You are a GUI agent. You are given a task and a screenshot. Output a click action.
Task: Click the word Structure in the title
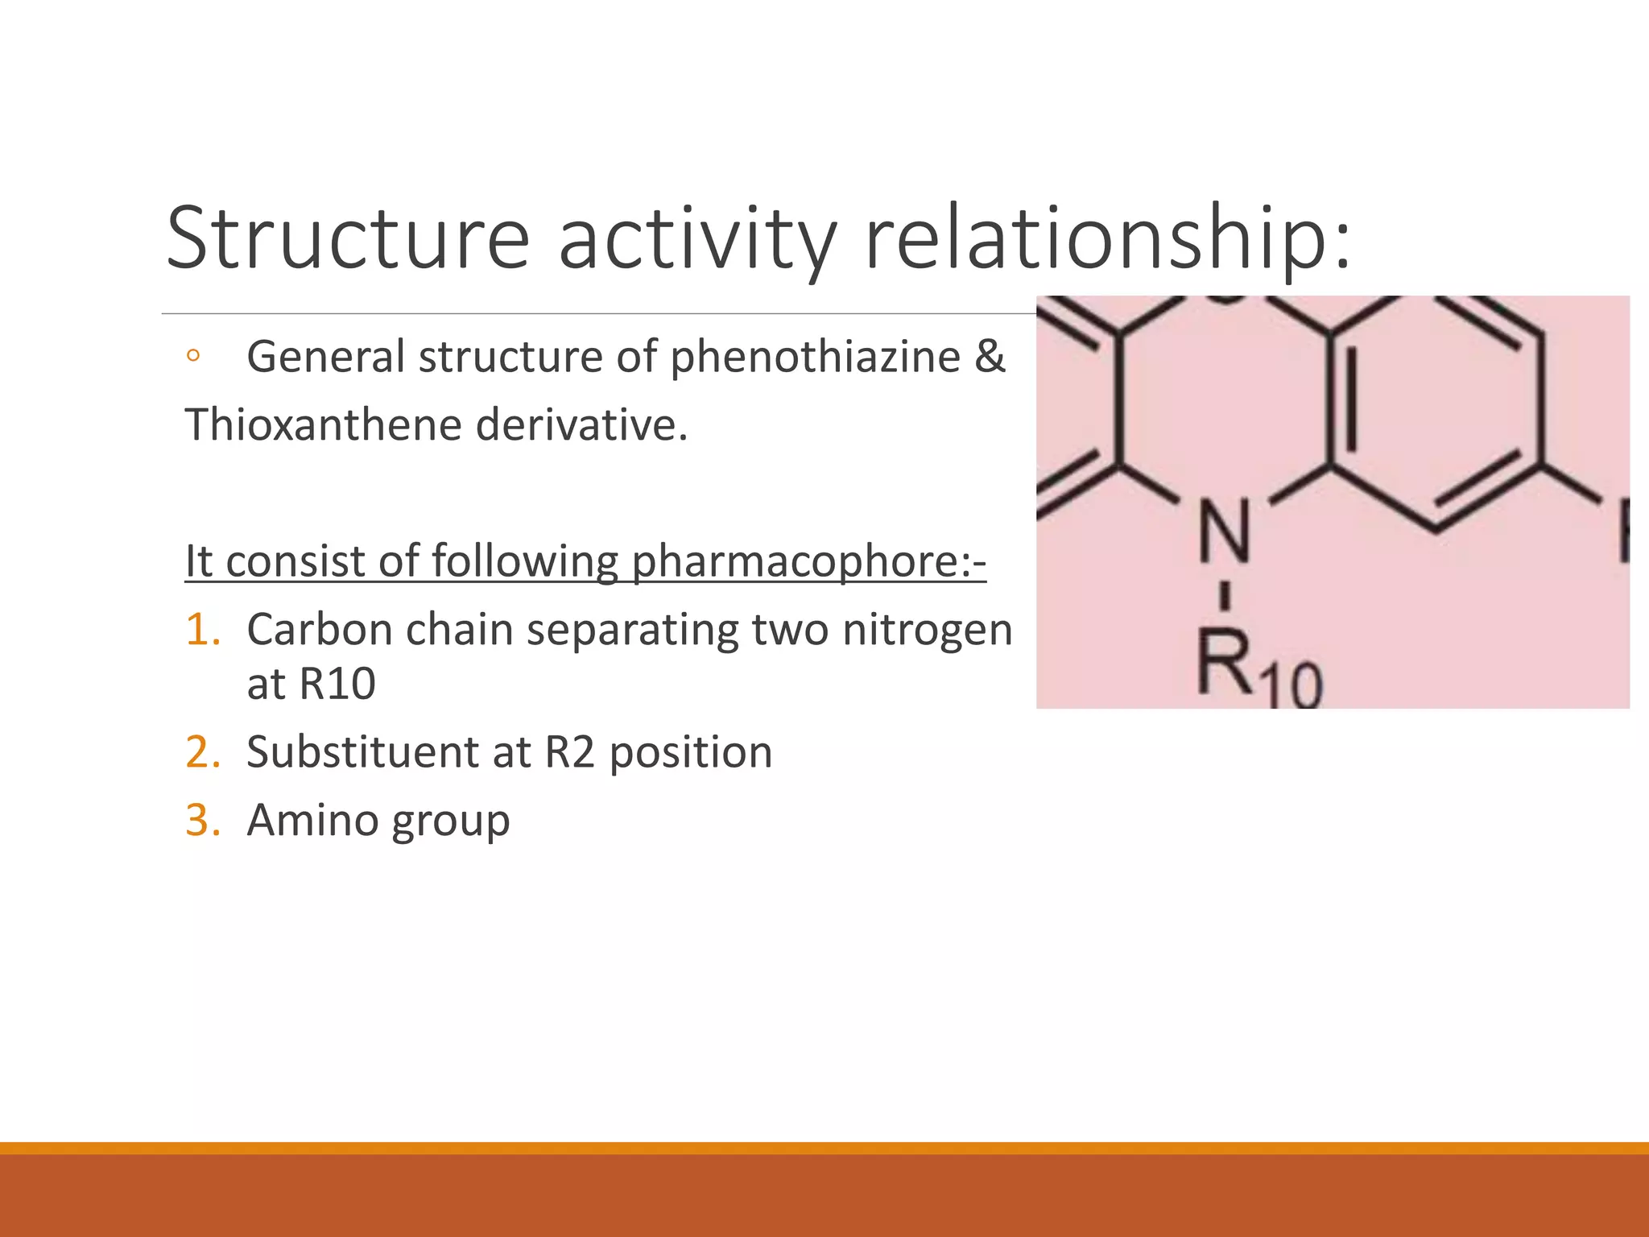348,238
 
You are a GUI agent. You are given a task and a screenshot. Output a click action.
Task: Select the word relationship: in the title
1107,238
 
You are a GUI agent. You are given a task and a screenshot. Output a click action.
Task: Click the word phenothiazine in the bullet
815,358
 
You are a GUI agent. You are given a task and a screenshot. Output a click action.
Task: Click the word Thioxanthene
323,425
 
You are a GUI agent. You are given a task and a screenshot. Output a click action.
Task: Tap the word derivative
581,425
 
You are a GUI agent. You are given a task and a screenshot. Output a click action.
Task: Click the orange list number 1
201,630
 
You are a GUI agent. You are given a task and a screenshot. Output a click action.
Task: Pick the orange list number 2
202,753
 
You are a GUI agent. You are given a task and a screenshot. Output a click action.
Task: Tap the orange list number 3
202,821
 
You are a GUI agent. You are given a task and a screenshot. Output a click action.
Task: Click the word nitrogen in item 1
927,631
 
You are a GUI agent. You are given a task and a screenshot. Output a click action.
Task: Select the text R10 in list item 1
337,685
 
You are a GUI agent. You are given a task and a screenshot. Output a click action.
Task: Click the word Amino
312,821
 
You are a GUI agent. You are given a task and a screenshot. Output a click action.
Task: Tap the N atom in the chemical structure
1224,532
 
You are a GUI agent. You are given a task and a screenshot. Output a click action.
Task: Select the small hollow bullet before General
192,356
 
